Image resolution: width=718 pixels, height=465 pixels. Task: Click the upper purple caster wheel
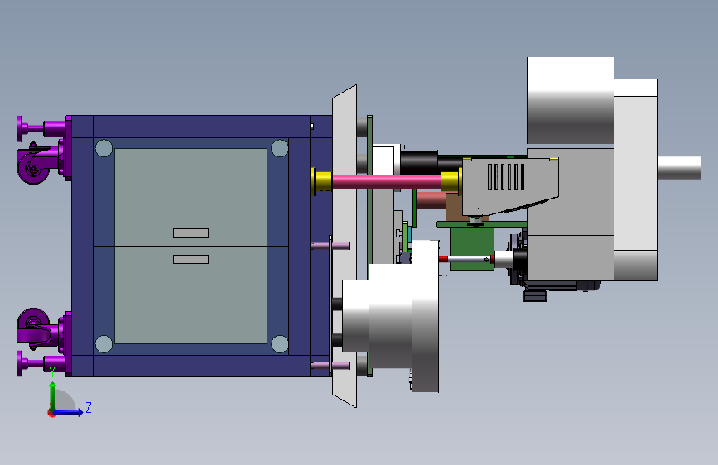click(x=32, y=165)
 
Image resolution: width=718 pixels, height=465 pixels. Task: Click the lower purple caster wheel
click(x=33, y=326)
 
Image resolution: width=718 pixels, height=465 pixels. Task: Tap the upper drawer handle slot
click(x=191, y=233)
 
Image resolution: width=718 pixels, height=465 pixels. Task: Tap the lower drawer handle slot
click(x=191, y=260)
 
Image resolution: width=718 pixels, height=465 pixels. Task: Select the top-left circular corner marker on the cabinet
click(x=104, y=148)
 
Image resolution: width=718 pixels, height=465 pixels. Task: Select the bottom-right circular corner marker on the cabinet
click(x=280, y=343)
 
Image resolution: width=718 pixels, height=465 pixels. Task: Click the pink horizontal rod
click(x=387, y=181)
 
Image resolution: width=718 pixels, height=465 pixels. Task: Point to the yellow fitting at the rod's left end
click(x=321, y=181)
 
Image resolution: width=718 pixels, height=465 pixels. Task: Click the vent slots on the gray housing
click(x=506, y=177)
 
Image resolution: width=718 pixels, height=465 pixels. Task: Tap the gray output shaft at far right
click(x=679, y=167)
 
